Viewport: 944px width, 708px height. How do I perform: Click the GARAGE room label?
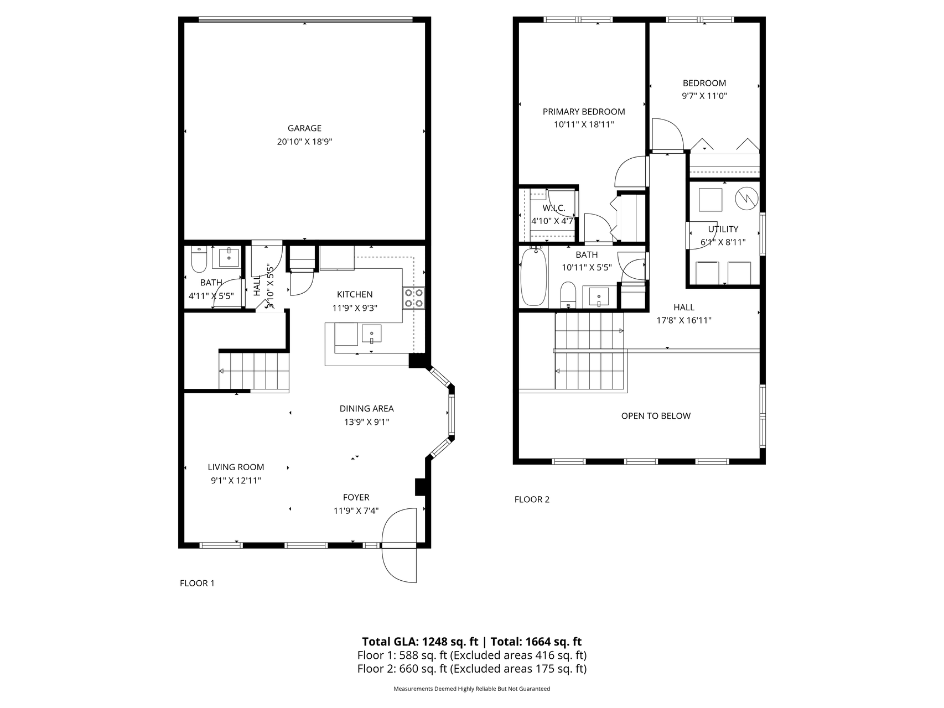coord(304,128)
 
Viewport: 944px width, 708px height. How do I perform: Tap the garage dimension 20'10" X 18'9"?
coord(304,142)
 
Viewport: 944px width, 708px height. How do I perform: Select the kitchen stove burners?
coord(414,298)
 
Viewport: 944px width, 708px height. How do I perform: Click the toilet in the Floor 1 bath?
coord(199,259)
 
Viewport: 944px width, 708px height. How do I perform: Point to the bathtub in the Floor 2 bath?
coord(533,277)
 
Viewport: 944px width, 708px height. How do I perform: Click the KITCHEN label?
coord(355,294)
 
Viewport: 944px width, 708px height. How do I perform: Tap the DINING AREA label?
coord(367,409)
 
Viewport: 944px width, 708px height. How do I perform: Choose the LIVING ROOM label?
coord(236,467)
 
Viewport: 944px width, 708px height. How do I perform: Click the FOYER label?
coord(356,497)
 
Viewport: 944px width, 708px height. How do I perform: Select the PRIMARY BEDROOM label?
coord(584,112)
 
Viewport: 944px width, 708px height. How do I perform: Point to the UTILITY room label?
coord(723,229)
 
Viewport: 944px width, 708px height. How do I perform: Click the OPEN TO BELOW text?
coord(656,416)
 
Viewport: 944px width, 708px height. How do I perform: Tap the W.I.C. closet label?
coord(554,208)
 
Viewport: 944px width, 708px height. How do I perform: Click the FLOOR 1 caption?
coord(197,583)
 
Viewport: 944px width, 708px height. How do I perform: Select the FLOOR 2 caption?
coord(532,499)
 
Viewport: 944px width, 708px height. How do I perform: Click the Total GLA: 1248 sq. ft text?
coord(420,642)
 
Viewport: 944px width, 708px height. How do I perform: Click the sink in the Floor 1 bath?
coord(229,258)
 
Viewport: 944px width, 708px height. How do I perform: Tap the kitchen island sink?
coord(372,334)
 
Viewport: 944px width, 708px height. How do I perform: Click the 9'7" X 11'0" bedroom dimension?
coord(704,96)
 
